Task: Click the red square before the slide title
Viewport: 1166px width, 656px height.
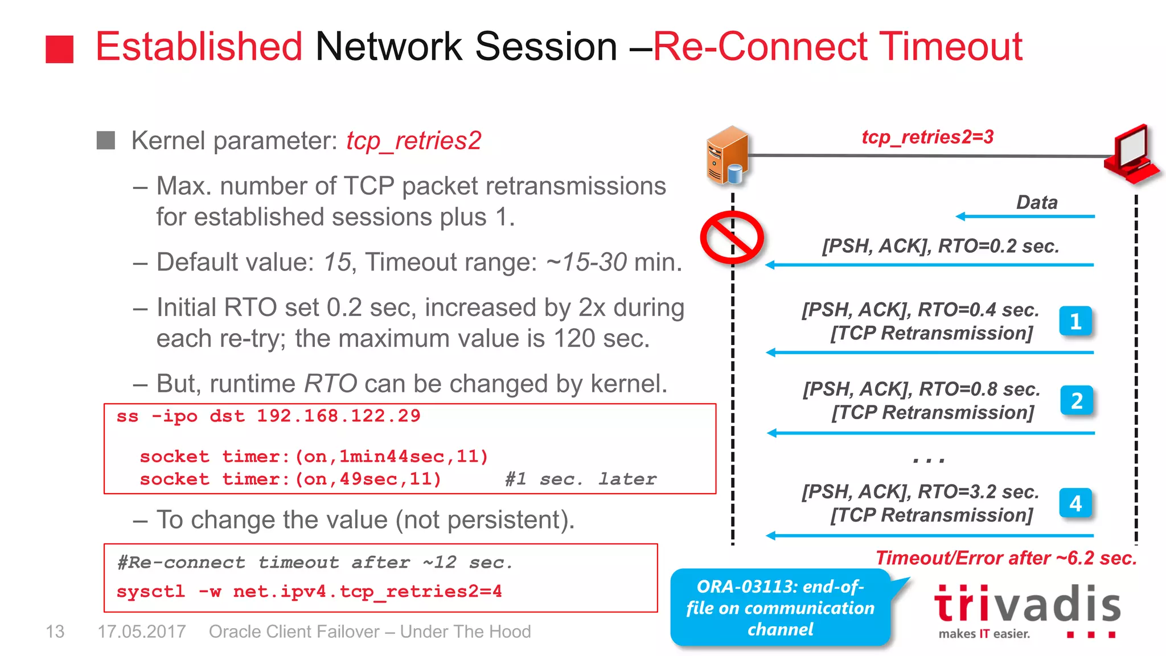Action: [x=59, y=50]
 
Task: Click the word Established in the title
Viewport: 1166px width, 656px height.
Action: [x=199, y=47]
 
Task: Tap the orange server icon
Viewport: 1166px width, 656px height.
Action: [x=727, y=155]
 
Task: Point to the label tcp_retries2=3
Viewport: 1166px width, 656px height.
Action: [x=927, y=137]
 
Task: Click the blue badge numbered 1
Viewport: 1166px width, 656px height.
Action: [x=1075, y=322]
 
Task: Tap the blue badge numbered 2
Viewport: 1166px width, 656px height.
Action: [x=1077, y=401]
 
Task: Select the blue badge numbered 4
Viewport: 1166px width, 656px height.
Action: [x=1075, y=503]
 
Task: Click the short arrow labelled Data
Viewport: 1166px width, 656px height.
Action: [x=1025, y=216]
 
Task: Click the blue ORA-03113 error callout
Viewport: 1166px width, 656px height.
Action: [x=780, y=608]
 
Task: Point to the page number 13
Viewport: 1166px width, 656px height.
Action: [x=55, y=632]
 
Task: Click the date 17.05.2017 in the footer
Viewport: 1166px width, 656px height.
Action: [x=141, y=632]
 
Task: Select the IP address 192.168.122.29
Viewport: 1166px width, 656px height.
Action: [x=338, y=416]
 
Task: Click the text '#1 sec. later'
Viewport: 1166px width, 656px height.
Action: [x=580, y=479]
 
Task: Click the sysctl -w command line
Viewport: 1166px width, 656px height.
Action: [x=309, y=591]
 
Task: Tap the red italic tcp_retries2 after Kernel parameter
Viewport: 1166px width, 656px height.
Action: [x=414, y=141]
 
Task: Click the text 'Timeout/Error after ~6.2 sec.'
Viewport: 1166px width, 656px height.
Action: [x=1006, y=558]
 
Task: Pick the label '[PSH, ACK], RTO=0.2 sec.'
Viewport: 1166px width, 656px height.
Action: [x=941, y=246]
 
